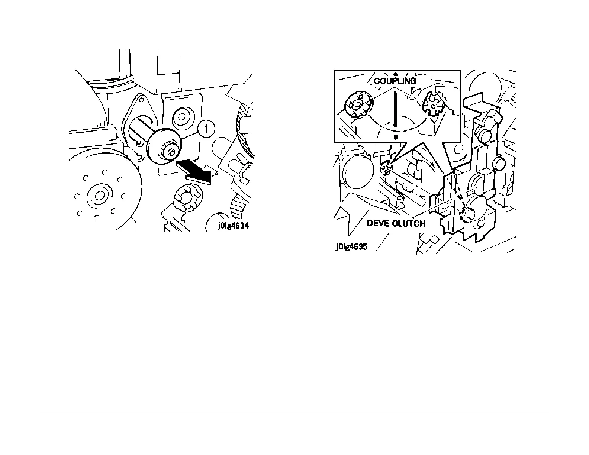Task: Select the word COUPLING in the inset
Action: coord(395,80)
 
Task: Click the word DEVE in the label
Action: coord(379,223)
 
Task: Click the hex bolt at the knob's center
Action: coord(171,152)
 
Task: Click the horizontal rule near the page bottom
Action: coord(294,412)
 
